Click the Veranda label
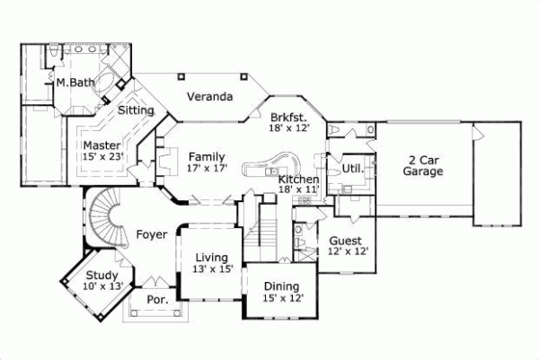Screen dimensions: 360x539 click(x=211, y=96)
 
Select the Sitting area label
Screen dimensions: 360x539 click(x=136, y=110)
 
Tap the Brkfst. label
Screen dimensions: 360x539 click(x=288, y=118)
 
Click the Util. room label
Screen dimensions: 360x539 click(x=352, y=168)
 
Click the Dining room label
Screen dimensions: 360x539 click(x=281, y=286)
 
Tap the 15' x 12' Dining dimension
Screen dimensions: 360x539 click(x=281, y=297)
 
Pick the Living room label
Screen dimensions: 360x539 click(x=212, y=258)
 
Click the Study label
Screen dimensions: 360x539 click(x=101, y=276)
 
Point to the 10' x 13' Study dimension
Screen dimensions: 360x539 click(x=100, y=286)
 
